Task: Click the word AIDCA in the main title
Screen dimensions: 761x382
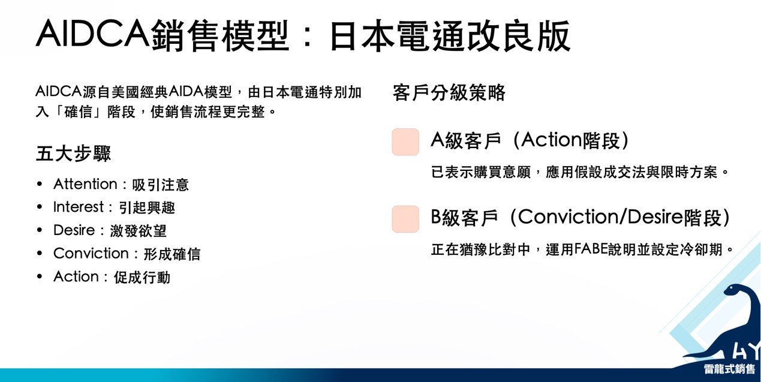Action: pos(92,34)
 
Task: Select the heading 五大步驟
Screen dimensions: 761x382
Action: pos(73,154)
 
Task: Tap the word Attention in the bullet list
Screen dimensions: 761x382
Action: pos(85,184)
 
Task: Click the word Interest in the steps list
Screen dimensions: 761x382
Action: pos(79,207)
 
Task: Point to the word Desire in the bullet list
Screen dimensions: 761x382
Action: pos(74,230)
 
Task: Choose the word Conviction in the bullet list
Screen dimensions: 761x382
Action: pos(91,253)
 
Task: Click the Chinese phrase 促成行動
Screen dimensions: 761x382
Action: pos(142,277)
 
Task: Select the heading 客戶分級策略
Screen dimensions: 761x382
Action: pos(449,92)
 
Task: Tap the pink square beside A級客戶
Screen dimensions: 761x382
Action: pos(405,142)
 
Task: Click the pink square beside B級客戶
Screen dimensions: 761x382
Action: pos(405,219)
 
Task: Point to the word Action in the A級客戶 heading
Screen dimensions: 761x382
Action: pos(551,140)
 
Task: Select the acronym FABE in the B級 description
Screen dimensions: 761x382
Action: pos(591,249)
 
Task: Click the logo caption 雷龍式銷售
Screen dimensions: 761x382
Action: pos(729,369)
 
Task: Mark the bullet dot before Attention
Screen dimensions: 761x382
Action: pos(40,184)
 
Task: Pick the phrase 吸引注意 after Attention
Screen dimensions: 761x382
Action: pos(160,185)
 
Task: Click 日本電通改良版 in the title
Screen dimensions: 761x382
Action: pos(450,36)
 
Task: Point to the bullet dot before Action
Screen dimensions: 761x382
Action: pos(40,276)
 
